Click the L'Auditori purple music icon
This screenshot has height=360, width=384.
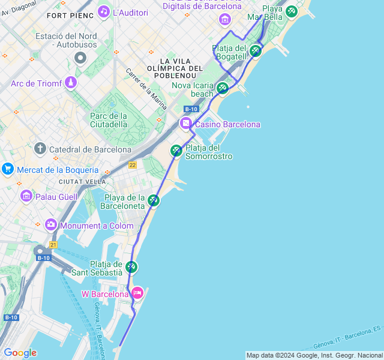tap(104, 11)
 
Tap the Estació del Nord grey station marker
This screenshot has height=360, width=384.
tap(80, 58)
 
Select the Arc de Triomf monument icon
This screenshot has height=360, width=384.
tap(71, 82)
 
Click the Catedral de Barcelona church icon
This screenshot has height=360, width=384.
tap(40, 148)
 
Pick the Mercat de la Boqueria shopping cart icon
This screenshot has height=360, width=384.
tap(8, 169)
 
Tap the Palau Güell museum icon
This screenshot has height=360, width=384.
tap(26, 196)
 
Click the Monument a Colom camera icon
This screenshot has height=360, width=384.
tap(51, 225)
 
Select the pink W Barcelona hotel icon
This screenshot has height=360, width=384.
tap(137, 293)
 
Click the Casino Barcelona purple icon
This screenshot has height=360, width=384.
tap(186, 124)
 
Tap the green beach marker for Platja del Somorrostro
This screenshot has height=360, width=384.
tap(176, 150)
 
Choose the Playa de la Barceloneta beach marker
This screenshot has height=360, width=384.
tap(154, 200)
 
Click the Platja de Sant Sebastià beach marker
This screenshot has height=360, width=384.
tap(131, 267)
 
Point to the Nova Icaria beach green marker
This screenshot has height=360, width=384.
tap(223, 89)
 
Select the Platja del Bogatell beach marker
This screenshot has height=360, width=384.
tap(256, 51)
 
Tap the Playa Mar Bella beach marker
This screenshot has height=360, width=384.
tap(292, 11)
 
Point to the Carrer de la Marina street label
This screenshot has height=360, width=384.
tap(146, 85)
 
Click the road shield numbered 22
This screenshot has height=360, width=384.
tap(132, 165)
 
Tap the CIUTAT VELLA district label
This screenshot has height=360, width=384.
tap(82, 181)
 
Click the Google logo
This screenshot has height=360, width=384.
tap(20, 353)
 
